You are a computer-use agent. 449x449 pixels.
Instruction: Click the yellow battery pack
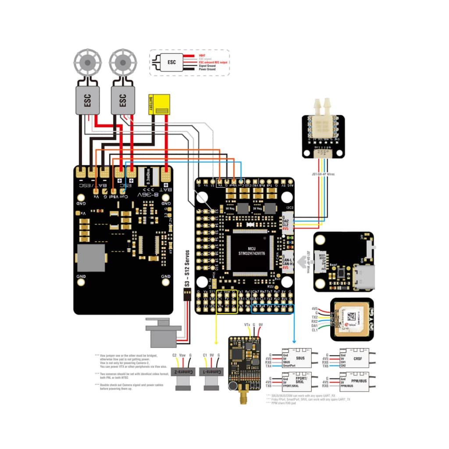[x=160, y=105]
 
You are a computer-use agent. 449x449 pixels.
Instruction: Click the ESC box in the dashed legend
[x=172, y=62]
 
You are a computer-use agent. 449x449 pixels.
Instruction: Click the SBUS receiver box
[x=297, y=357]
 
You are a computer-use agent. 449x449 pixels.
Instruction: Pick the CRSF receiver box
[x=355, y=357]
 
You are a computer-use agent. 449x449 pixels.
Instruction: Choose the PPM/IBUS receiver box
[x=355, y=381]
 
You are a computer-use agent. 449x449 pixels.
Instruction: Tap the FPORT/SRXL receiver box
[x=297, y=381]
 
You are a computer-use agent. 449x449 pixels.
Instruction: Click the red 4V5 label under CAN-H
[x=285, y=267]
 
